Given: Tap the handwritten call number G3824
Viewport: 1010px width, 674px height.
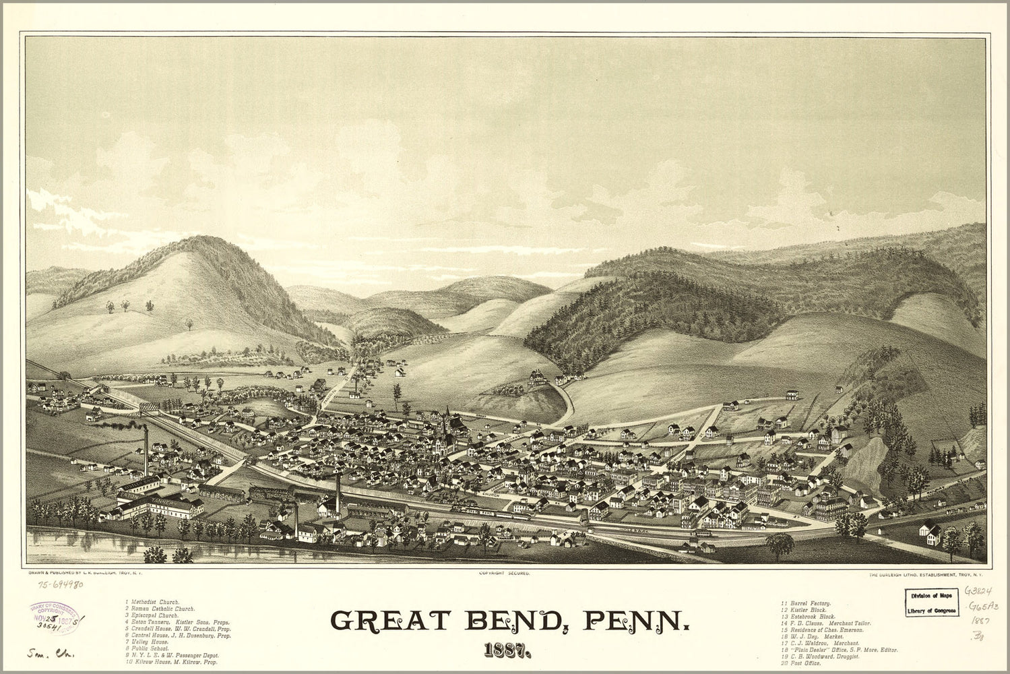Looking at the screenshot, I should [980, 590].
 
